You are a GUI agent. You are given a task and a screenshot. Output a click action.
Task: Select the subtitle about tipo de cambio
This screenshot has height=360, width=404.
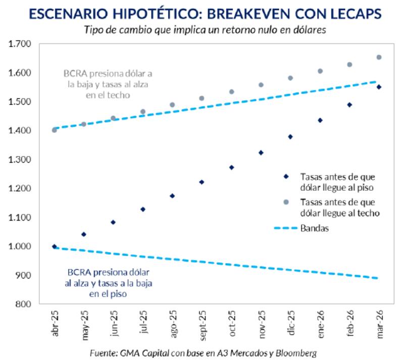point(205,30)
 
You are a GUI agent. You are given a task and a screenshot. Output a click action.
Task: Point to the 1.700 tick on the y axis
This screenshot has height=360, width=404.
point(21,44)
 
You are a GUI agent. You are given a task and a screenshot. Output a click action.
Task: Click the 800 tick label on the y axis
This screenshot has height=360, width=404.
point(24,304)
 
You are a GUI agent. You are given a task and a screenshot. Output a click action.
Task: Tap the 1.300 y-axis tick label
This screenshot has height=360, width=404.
point(21,160)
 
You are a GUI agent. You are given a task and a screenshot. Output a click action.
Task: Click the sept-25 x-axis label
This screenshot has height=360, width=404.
point(201,326)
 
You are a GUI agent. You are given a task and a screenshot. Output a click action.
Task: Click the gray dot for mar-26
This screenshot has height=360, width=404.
point(379,57)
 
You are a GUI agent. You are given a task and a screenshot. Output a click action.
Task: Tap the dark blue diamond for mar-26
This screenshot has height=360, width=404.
point(379,87)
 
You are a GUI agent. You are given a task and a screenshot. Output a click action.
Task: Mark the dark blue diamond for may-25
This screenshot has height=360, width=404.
point(84,234)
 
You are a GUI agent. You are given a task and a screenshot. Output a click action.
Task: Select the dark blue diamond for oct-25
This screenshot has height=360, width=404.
point(231,167)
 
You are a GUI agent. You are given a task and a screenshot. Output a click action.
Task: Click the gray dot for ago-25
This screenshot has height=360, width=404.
point(172,105)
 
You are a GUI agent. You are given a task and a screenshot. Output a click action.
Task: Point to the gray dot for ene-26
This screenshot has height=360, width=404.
point(320,71)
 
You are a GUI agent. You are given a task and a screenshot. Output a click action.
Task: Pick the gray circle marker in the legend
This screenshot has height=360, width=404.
point(286,202)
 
